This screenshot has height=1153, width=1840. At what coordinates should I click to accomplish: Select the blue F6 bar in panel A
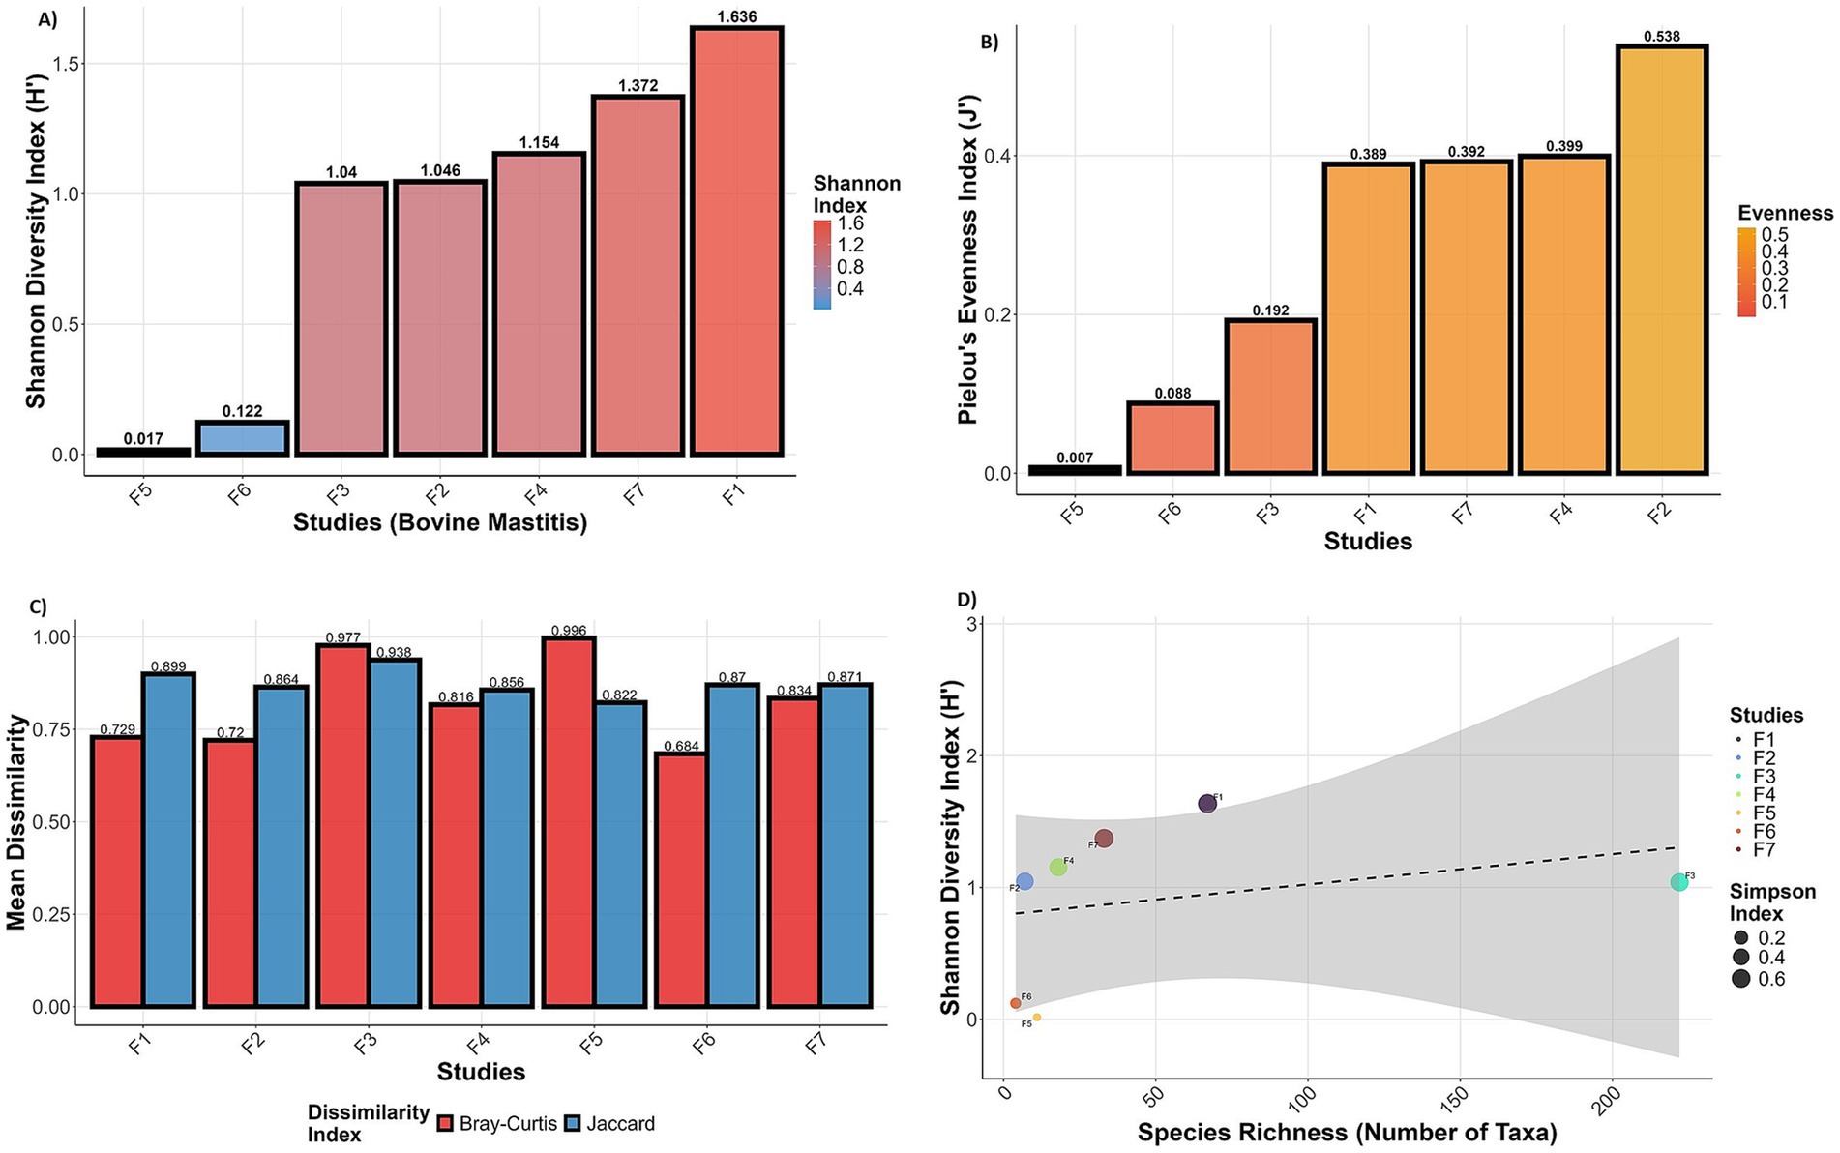242,438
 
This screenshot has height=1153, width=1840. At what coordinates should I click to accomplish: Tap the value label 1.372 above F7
638,85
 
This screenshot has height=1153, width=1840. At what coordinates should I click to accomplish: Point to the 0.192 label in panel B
1270,310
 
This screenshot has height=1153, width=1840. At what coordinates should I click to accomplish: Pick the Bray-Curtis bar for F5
569,822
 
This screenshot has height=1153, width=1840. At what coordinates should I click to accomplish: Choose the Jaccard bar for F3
395,833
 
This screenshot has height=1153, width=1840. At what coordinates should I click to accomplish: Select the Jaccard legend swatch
572,1124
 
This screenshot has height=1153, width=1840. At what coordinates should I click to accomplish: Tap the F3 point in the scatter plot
1678,882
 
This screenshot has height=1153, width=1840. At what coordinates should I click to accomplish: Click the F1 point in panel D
1207,804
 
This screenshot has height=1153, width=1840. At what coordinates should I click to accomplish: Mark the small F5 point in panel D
1037,1018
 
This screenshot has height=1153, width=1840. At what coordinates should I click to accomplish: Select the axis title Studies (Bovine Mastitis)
440,523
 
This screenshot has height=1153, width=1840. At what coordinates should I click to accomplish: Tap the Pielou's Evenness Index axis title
967,259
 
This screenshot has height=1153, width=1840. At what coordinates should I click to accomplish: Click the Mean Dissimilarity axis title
15,822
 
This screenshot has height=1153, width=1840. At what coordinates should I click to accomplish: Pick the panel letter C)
38,606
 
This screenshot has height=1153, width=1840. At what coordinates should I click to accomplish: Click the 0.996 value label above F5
569,631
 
